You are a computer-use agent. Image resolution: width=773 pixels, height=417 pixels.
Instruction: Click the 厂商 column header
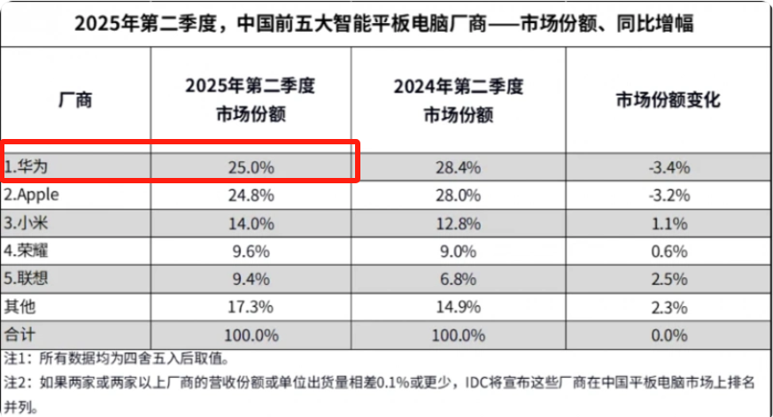[x=74, y=100]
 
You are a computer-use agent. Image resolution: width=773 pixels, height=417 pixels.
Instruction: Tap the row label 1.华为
[x=27, y=166]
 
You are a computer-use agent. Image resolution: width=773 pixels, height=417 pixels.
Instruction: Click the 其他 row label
[x=19, y=307]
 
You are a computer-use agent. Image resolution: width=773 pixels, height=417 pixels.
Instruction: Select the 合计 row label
[x=19, y=336]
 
